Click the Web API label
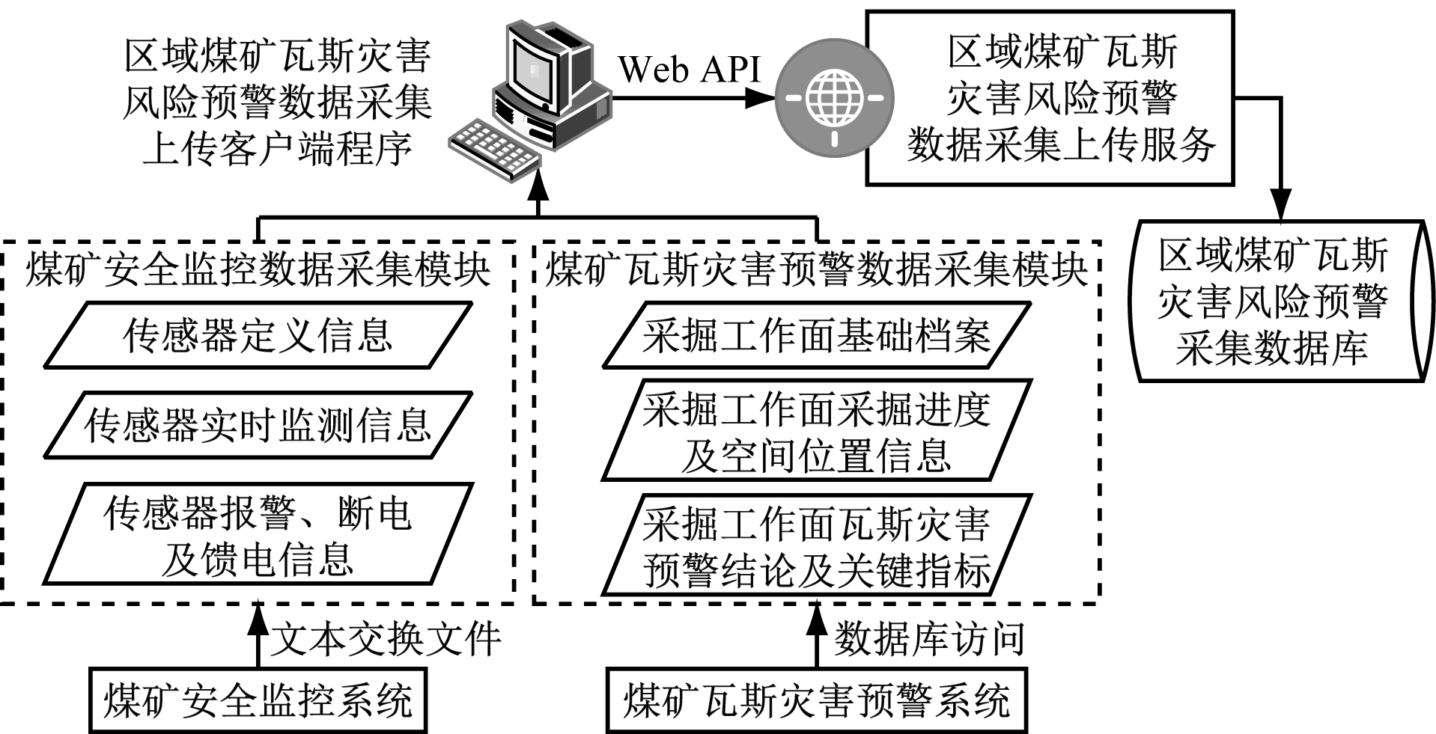(688, 70)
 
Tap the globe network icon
(834, 98)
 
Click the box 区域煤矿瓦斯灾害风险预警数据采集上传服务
(1049, 98)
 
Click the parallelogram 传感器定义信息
(257, 335)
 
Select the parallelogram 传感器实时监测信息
(257, 425)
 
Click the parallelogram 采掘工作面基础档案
(816, 335)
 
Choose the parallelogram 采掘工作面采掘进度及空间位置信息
(816, 431)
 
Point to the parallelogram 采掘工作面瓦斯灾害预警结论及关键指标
(816, 545)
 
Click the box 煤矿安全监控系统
(258, 701)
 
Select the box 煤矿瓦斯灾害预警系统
(816, 701)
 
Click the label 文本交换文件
(385, 640)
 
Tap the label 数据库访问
(928, 640)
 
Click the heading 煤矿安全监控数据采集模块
(258, 269)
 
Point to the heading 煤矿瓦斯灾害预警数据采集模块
(816, 269)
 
